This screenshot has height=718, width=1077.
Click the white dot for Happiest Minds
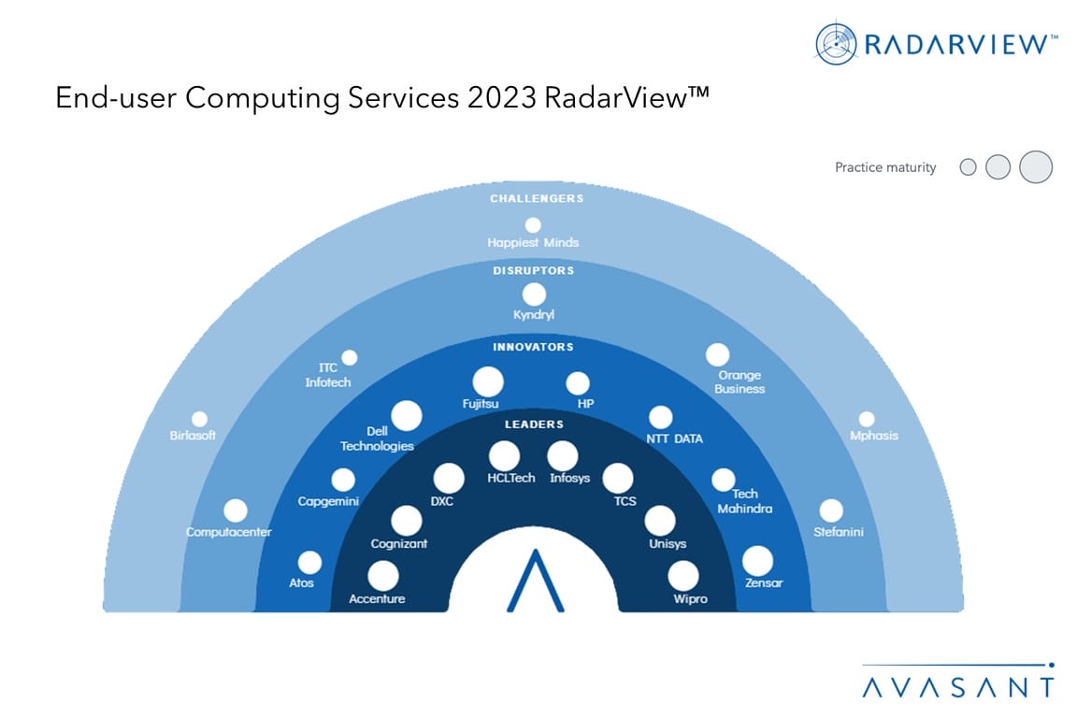click(x=533, y=224)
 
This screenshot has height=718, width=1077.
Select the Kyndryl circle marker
click(x=534, y=294)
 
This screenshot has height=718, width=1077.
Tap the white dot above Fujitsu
click(x=488, y=381)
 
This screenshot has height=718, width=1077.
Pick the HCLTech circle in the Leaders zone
click(x=504, y=456)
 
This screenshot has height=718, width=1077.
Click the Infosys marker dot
click(x=563, y=456)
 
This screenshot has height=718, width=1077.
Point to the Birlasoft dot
click(x=200, y=419)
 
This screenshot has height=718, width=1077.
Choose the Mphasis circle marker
click(x=867, y=419)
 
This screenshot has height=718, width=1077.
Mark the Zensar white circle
click(x=757, y=561)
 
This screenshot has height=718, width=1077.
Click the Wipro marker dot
click(x=683, y=577)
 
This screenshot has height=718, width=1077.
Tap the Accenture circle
click(x=383, y=577)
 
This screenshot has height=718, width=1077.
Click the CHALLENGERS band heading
click(x=537, y=198)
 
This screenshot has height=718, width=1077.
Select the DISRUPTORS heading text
click(x=534, y=271)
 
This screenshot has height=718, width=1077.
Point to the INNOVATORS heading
click(x=533, y=347)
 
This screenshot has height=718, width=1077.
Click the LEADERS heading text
click(x=534, y=424)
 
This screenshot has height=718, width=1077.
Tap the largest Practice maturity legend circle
click(x=1036, y=167)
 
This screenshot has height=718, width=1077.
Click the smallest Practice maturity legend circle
click(x=968, y=167)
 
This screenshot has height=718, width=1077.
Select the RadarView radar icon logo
click(x=836, y=44)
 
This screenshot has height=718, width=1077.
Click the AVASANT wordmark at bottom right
click(x=957, y=687)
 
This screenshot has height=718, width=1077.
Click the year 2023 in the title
click(x=502, y=97)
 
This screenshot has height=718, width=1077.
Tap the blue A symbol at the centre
click(x=535, y=581)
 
